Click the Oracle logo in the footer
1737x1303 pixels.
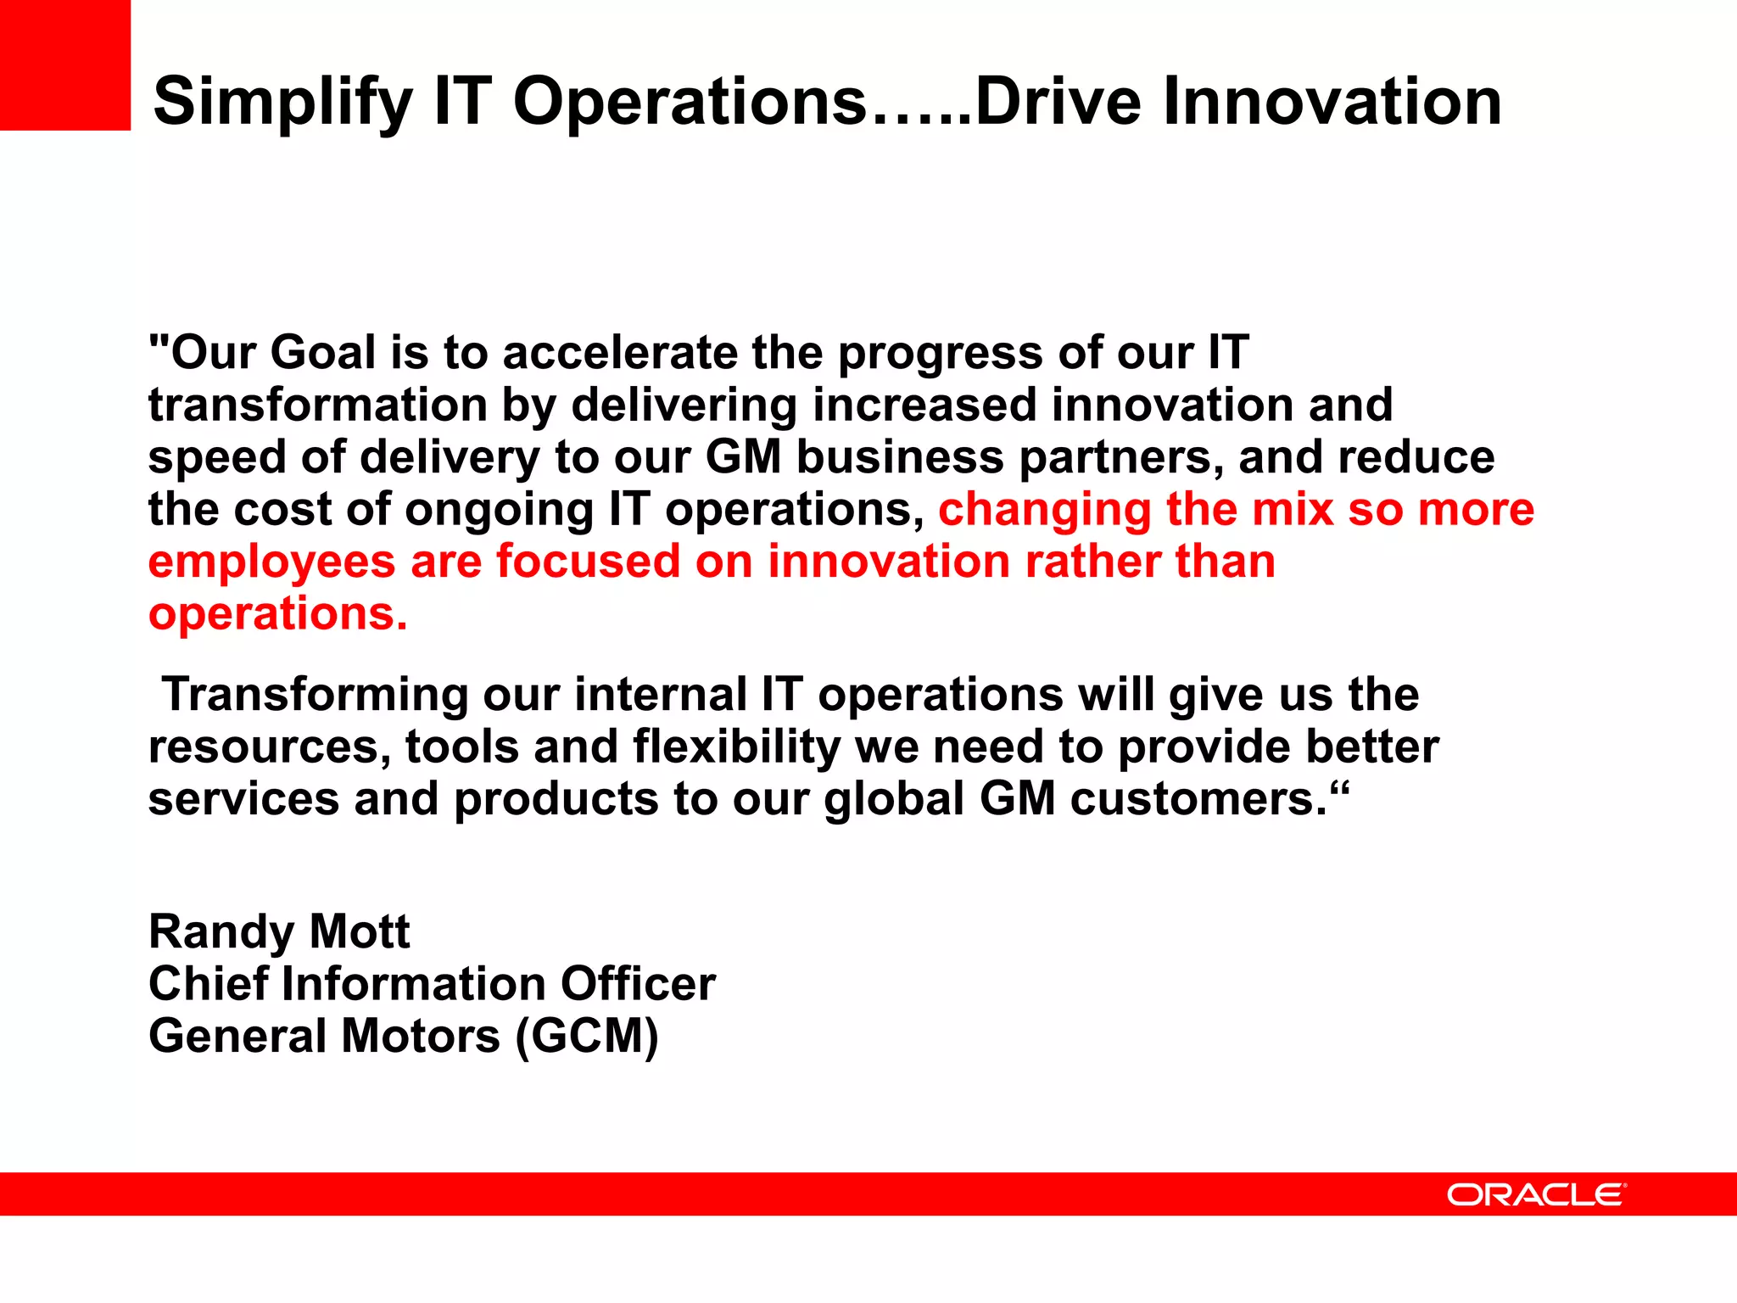click(1536, 1194)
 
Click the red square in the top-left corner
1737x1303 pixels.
click(64, 64)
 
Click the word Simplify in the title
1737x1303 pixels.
click(282, 102)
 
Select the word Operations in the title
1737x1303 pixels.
click(690, 102)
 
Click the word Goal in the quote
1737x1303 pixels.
click(323, 353)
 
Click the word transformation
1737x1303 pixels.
click(317, 405)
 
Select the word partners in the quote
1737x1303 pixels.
click(1120, 458)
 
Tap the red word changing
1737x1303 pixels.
click(1044, 510)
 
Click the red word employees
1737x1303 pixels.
click(271, 562)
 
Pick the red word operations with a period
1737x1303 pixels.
click(277, 614)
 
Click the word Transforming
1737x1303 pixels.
click(315, 695)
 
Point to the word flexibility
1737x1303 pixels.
click(735, 747)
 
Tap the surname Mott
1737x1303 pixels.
click(360, 932)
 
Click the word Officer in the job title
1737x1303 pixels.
click(638, 984)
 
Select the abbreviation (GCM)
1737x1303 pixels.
click(587, 1037)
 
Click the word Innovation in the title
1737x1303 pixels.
click(1332, 102)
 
